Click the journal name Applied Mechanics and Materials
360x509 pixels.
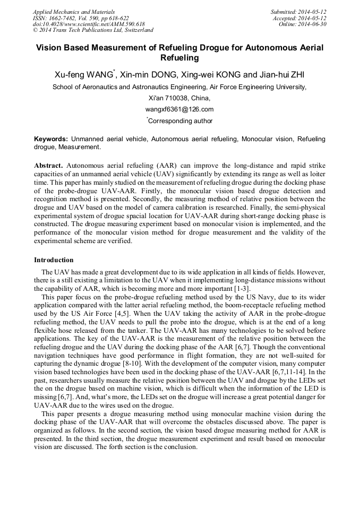point(73,12)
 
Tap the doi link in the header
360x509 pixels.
point(89,24)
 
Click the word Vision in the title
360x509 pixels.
point(48,48)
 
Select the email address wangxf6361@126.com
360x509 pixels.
point(179,109)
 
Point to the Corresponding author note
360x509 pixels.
point(181,121)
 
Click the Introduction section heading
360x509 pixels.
point(54,260)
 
